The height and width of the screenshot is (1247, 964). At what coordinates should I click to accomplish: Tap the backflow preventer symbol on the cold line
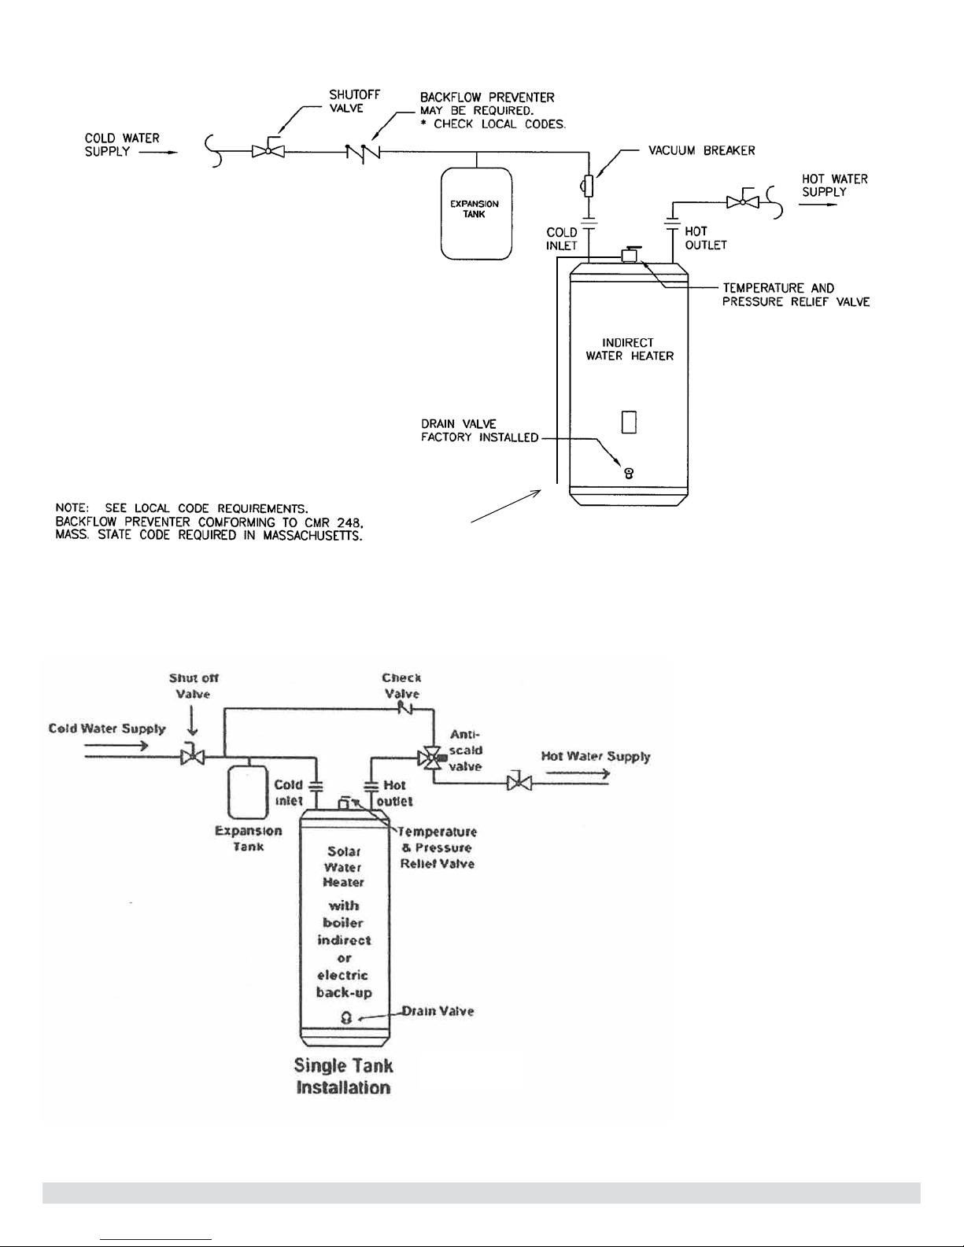coord(363,152)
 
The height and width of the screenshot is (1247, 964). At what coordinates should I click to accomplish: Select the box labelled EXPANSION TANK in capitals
coord(476,213)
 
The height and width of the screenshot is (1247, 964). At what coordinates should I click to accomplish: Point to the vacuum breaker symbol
coord(587,186)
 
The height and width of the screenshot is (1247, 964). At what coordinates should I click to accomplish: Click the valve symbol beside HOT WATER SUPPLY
coord(743,200)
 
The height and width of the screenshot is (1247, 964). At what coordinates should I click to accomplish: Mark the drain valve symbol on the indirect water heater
coord(629,474)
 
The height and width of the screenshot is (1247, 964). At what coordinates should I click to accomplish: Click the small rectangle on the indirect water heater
coord(629,422)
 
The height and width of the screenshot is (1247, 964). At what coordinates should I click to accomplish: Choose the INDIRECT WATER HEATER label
coord(630,349)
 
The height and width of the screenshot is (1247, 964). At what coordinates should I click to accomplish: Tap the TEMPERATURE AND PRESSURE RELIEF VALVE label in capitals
coord(796,295)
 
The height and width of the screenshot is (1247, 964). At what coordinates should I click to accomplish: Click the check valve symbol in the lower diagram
coord(406,710)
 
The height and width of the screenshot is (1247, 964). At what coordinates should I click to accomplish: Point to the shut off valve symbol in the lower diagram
coord(192,756)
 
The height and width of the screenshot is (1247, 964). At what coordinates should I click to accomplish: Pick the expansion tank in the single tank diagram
coord(248,792)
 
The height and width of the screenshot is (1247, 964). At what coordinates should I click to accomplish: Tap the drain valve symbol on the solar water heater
coord(346,1017)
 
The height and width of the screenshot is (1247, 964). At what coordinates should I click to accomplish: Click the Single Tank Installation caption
coord(343,1076)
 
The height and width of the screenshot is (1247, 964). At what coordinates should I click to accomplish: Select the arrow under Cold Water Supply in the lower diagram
coord(116,746)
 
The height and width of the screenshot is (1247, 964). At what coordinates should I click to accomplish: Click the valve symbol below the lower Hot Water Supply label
coord(519,782)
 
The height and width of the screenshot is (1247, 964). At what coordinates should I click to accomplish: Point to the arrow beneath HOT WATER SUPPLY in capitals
coord(818,205)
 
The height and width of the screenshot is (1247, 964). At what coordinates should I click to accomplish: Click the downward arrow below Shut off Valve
coord(192,720)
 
